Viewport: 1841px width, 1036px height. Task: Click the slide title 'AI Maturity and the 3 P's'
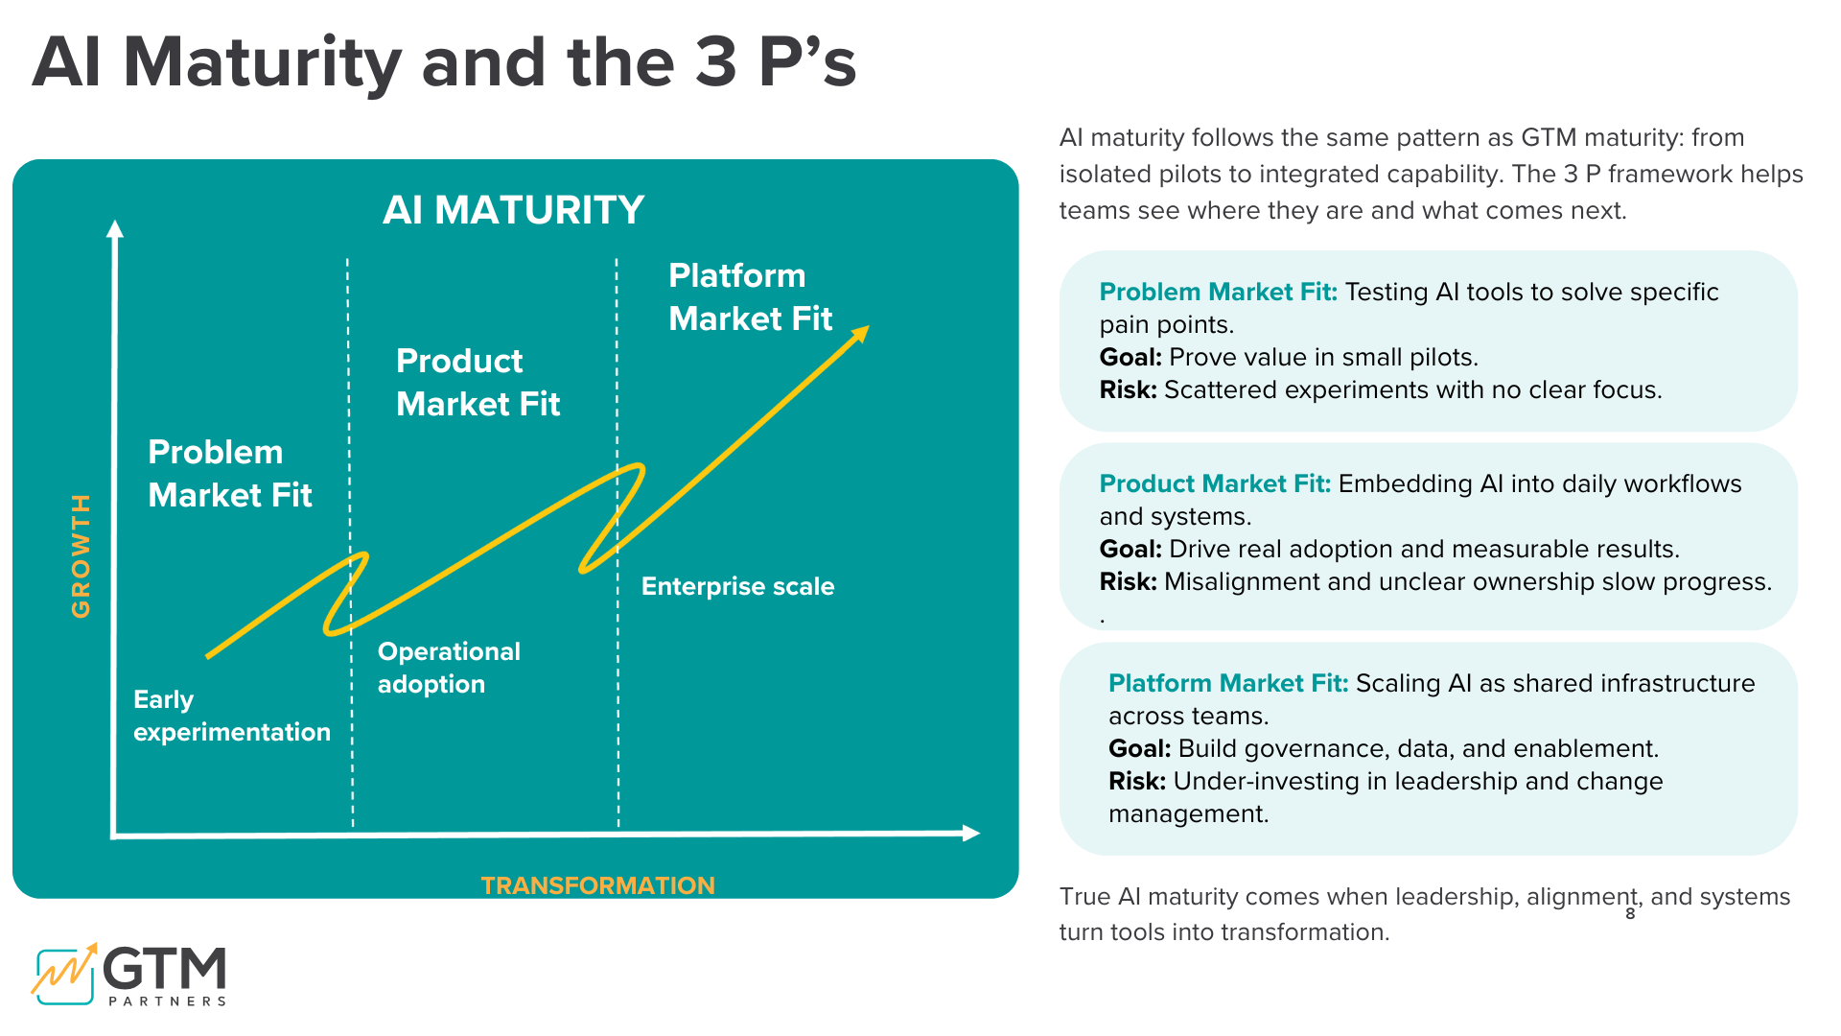coord(443,63)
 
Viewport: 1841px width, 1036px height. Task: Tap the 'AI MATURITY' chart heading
coord(513,210)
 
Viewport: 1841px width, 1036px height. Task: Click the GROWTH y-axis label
coord(82,555)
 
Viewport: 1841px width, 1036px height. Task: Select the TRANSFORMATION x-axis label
coord(597,884)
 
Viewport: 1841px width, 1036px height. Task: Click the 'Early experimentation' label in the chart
coord(231,716)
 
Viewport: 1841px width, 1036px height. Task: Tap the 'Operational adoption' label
coord(449,668)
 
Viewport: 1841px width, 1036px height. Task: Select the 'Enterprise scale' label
coord(737,586)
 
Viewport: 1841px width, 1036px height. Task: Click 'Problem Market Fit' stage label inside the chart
coord(230,474)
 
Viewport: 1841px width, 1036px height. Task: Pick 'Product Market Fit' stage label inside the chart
coord(478,383)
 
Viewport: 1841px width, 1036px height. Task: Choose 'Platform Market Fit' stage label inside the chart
coord(750,297)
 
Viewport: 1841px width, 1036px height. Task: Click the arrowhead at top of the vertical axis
coord(115,228)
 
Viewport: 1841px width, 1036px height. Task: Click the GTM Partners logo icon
coord(65,974)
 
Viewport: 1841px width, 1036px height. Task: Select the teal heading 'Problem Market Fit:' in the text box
coord(1218,292)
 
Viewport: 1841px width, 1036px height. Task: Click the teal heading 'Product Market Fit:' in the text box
coord(1214,483)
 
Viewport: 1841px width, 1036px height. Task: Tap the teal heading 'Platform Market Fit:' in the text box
coord(1227,683)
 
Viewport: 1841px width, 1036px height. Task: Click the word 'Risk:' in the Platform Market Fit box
coord(1136,781)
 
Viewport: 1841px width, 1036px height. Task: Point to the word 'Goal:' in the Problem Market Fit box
coord(1130,357)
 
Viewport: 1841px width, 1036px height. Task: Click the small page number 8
coord(1630,914)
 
